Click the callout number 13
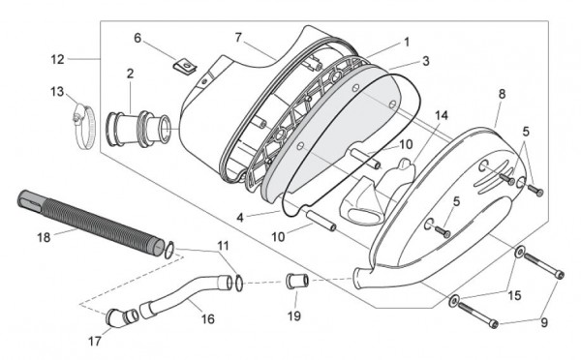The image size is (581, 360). coord(56,91)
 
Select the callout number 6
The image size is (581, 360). coord(138,38)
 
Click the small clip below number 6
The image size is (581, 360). coord(178,66)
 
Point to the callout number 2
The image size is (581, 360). coord(130,73)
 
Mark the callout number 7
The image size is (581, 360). coord(238,38)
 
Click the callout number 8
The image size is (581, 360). coord(502,94)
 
